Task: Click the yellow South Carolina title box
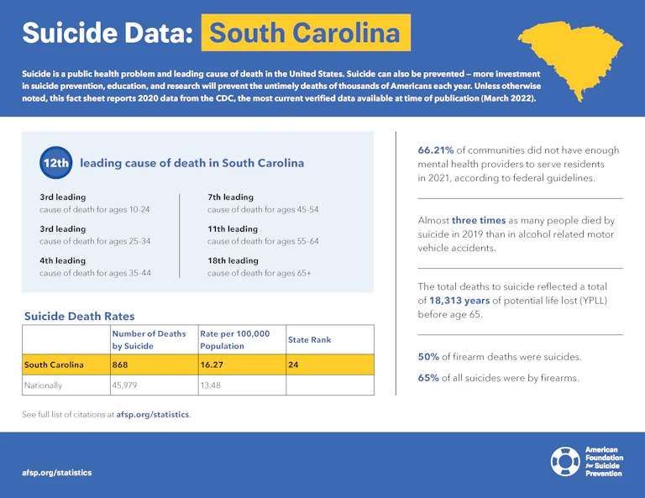(306, 33)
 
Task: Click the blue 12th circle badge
(55, 163)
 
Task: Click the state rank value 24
(293, 365)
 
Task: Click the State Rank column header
(310, 340)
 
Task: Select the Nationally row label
(43, 385)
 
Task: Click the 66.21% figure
(436, 150)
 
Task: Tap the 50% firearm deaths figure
(428, 357)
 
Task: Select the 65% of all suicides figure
(428, 378)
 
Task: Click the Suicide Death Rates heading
(79, 317)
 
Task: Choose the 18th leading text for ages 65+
(233, 261)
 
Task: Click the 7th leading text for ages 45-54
(230, 197)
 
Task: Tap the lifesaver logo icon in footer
(564, 461)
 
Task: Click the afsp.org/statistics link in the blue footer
(57, 473)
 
